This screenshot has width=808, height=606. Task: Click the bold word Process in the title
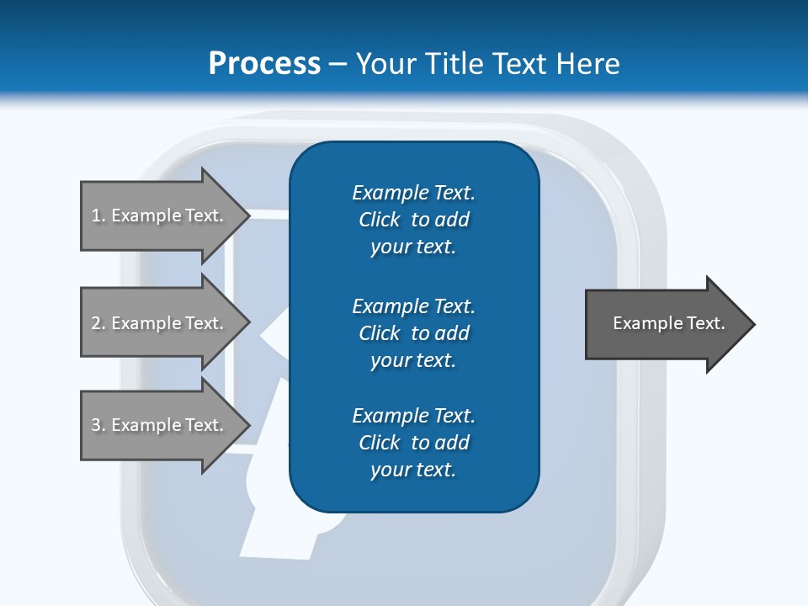[x=264, y=64]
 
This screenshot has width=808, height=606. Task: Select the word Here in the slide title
[x=587, y=64]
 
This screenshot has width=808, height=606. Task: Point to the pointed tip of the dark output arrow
[x=752, y=324]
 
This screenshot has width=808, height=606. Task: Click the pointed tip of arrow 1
[x=248, y=215]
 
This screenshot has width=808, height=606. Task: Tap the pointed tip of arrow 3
[x=248, y=425]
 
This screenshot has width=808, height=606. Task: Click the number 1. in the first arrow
[x=98, y=215]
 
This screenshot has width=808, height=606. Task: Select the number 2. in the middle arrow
[x=98, y=323]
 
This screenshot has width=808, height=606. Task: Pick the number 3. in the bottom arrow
[x=98, y=425]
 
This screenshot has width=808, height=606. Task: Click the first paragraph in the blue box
[x=414, y=220]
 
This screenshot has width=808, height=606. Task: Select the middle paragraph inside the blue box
[x=414, y=332]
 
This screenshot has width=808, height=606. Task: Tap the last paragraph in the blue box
[x=414, y=443]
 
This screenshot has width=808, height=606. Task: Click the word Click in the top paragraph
[x=379, y=220]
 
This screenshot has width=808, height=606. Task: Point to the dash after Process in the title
[x=338, y=64]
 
